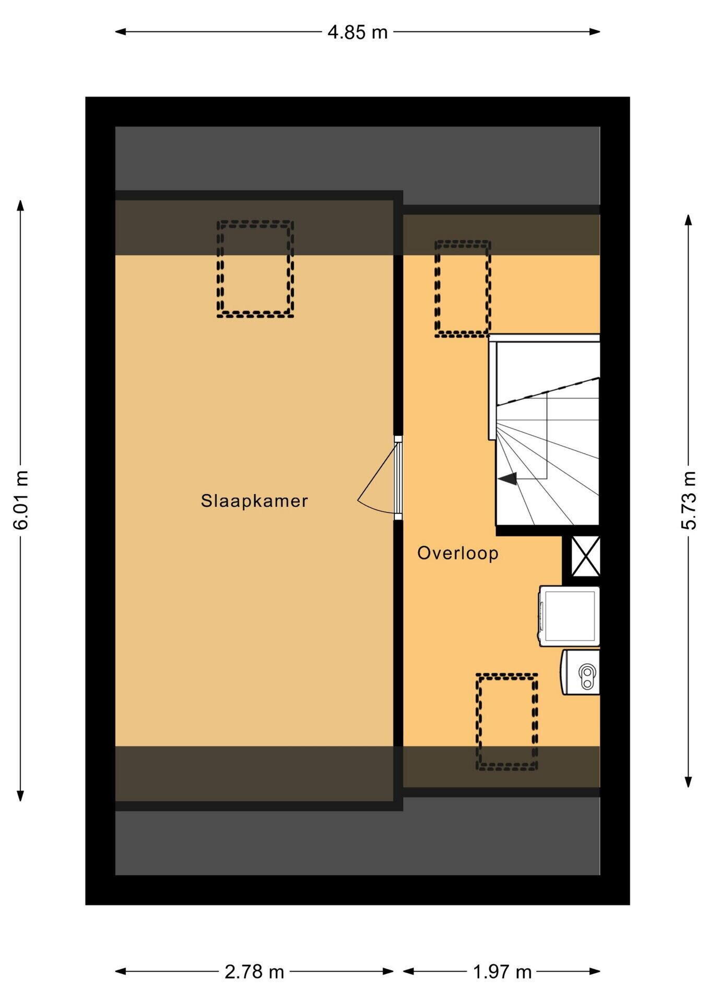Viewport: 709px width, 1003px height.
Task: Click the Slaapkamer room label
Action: point(254,501)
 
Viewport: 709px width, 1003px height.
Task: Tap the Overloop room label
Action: point(458,553)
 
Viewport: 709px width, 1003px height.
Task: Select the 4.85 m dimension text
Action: point(358,32)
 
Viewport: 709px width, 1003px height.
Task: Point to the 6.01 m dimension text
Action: point(21,500)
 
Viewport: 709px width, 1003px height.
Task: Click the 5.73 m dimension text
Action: point(689,500)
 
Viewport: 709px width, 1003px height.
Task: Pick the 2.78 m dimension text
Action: point(254,972)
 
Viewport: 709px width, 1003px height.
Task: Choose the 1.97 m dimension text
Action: point(502,972)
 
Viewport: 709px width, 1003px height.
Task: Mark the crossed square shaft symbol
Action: point(585,556)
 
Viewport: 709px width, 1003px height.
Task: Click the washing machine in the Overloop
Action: point(569,615)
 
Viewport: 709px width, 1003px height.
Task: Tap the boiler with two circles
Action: point(580,672)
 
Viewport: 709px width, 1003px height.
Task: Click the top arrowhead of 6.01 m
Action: point(21,205)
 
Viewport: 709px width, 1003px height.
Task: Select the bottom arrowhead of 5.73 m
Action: point(689,782)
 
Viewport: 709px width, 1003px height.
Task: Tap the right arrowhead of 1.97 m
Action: point(595,972)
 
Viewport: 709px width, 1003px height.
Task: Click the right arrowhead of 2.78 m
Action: point(388,972)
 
